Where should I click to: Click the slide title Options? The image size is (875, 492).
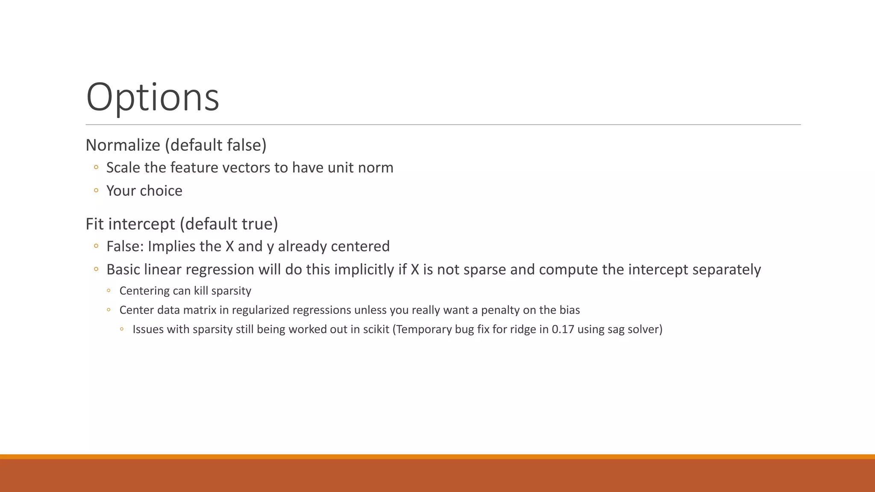(153, 97)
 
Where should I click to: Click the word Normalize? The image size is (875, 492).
(123, 146)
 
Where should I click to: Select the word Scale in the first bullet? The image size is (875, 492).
(123, 168)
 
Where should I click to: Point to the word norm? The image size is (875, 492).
(375, 168)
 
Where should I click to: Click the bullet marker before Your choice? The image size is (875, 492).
(96, 190)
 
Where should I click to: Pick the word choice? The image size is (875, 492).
(163, 191)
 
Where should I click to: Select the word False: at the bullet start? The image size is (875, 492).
(125, 246)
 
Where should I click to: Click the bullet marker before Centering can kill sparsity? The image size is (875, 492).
(109, 291)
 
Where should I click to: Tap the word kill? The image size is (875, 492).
(201, 291)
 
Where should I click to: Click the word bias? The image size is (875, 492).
(570, 310)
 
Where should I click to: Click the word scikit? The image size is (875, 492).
(376, 329)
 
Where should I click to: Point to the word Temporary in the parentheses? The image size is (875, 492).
(423, 329)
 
